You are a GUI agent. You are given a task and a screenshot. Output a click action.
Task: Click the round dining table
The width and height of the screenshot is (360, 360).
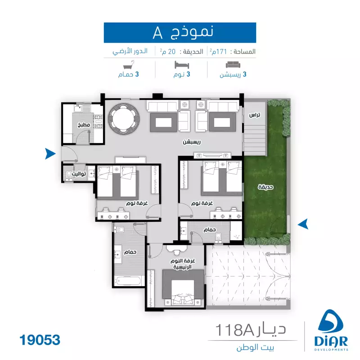[124, 118]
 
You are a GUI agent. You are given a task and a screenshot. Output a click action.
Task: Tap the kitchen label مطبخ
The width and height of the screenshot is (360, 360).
[84, 125]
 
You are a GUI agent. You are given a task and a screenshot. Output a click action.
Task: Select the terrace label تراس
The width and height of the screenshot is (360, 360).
[255, 115]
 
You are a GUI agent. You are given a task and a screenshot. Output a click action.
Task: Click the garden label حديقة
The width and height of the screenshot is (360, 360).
[265, 187]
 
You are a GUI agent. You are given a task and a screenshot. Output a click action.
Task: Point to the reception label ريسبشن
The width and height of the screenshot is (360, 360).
[192, 142]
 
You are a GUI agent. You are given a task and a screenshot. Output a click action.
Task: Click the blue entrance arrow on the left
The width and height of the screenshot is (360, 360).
[50, 153]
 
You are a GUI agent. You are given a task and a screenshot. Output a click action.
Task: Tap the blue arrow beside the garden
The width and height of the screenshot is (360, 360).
[303, 224]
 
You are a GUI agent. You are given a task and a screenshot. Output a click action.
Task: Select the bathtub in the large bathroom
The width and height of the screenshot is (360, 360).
[128, 281]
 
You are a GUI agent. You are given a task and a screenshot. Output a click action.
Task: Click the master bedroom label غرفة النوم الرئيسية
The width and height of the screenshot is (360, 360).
[183, 264]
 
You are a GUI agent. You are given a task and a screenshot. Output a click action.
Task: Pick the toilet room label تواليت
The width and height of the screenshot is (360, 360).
[79, 174]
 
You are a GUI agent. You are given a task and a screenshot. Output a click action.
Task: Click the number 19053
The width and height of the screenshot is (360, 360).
[40, 340]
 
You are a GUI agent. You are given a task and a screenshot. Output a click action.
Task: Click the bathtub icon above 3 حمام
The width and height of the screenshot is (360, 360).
[129, 65]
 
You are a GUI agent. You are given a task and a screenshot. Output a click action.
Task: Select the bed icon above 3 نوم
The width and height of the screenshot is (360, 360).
[182, 65]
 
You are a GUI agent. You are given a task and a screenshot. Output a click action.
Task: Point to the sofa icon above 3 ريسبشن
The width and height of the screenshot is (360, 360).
[233, 65]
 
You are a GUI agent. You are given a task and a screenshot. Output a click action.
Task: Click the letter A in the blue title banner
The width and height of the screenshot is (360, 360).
[158, 33]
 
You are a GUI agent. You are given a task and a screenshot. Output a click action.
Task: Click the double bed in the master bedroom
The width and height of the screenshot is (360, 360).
[183, 288]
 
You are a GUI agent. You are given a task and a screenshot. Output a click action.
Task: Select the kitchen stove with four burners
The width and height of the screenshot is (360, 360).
[98, 121]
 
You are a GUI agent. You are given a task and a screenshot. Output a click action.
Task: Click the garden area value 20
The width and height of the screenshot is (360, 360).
[172, 52]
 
